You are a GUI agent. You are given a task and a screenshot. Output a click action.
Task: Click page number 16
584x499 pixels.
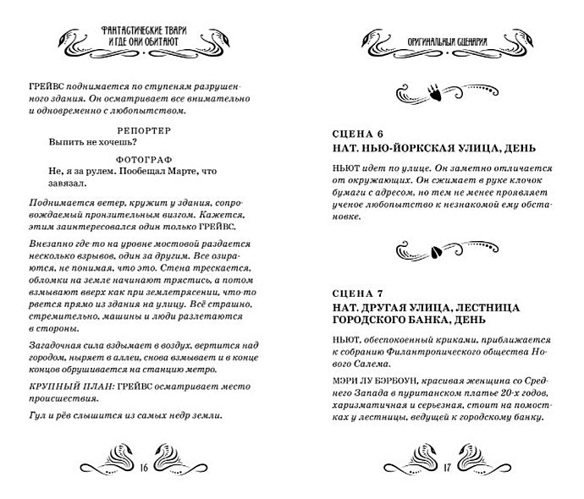pos(146,466)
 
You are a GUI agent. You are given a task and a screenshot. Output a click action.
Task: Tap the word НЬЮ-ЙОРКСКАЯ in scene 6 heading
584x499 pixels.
pos(404,150)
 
